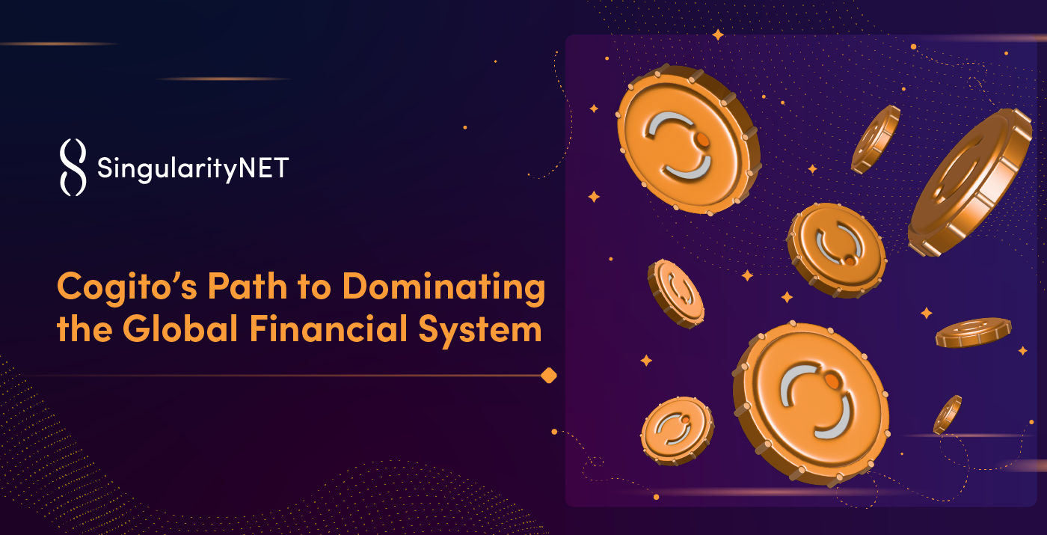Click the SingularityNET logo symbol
point(73,167)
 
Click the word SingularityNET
point(193,169)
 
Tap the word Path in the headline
point(248,286)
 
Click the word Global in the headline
point(180,328)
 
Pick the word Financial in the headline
point(328,328)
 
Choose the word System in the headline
point(480,331)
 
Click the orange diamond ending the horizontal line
point(549,376)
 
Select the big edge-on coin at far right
point(970,183)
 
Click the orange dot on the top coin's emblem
point(701,139)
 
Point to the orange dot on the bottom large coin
point(832,381)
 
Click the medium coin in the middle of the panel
point(837,250)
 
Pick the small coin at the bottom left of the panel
point(677,431)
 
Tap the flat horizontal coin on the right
point(973,332)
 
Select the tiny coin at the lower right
point(948,415)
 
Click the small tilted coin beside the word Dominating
point(676,293)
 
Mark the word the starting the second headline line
point(84,328)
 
